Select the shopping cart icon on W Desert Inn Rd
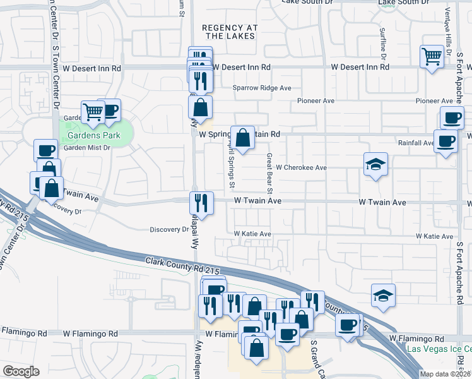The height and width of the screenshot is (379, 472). [x=432, y=57]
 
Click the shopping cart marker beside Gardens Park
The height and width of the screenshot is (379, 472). [x=93, y=112]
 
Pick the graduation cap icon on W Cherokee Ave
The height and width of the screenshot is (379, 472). [x=375, y=165]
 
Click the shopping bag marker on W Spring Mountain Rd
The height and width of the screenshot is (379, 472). [x=242, y=137]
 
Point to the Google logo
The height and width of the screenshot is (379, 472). [x=21, y=371]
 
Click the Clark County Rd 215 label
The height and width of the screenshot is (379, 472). [x=183, y=265]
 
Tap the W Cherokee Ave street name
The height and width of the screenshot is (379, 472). [x=300, y=167]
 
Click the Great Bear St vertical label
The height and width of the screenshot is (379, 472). [x=269, y=173]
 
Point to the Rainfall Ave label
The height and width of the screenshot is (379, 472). [x=415, y=143]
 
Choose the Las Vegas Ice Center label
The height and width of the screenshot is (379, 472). [x=439, y=349]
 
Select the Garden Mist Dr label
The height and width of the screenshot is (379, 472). [x=87, y=148]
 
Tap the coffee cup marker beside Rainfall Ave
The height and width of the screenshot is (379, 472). [x=445, y=141]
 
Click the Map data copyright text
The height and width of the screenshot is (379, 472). [x=445, y=374]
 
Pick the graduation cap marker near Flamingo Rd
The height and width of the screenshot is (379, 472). [x=382, y=296]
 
